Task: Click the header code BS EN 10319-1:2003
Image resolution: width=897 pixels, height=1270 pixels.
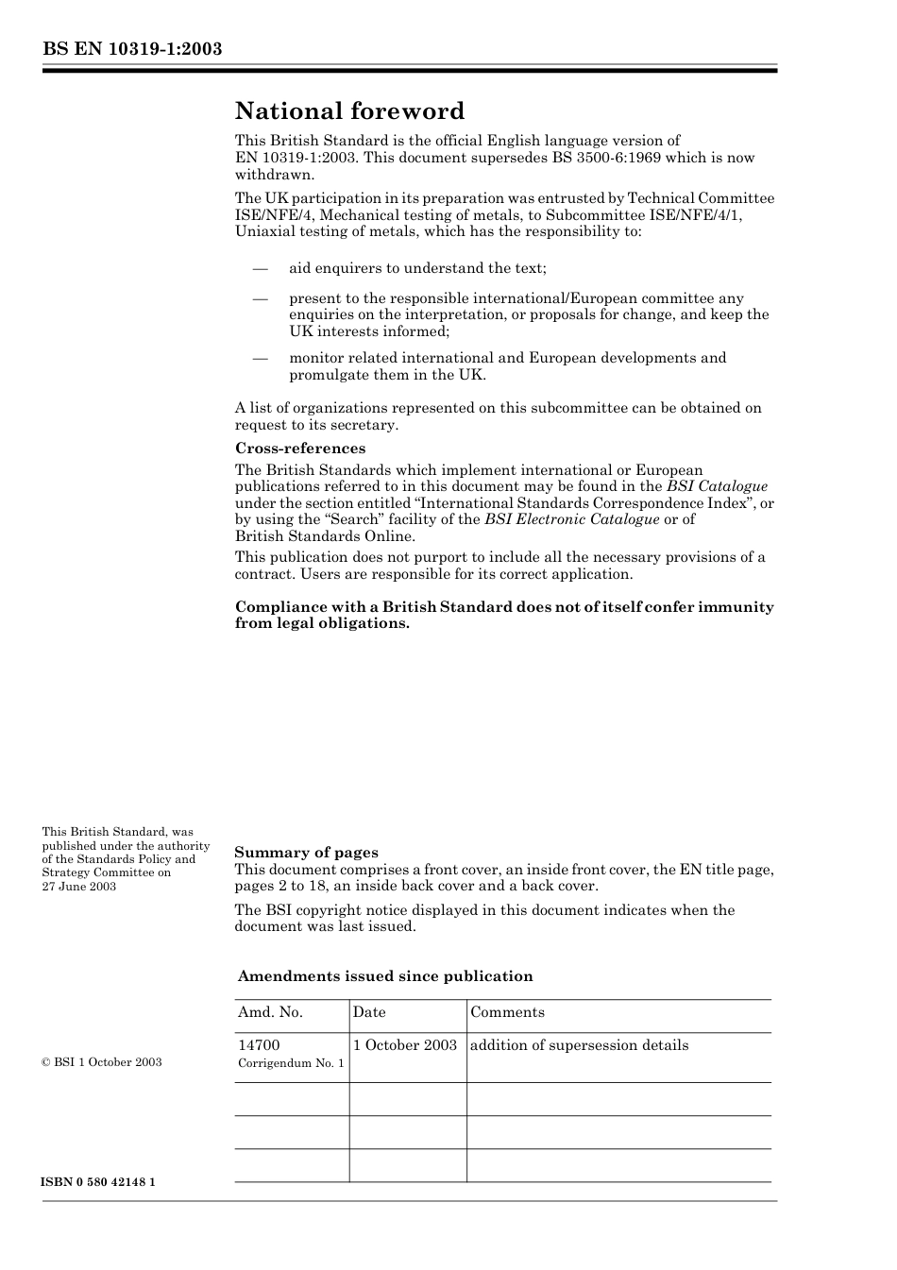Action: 132,48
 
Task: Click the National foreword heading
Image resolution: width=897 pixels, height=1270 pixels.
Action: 349,111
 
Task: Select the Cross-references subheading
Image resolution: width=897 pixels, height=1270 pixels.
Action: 300,449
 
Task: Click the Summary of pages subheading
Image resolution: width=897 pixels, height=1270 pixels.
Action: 306,853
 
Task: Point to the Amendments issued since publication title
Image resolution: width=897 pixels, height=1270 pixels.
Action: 385,976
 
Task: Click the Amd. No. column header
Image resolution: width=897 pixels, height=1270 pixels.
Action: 270,1012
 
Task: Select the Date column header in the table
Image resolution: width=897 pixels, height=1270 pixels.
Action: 369,1012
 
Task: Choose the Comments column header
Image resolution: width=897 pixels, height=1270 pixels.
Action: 507,1012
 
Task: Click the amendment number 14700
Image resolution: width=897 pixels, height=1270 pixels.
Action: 259,1045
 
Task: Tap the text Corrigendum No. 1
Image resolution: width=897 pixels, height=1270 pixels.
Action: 291,1063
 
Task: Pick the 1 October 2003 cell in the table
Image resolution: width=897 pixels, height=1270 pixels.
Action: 405,1045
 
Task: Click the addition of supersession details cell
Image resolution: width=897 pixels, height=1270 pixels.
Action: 579,1045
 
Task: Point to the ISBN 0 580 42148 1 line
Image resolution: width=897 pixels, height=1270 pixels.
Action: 99,1182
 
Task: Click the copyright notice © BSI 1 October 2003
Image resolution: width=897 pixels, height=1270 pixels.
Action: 102,1062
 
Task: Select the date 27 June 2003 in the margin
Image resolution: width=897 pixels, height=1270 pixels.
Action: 79,887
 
